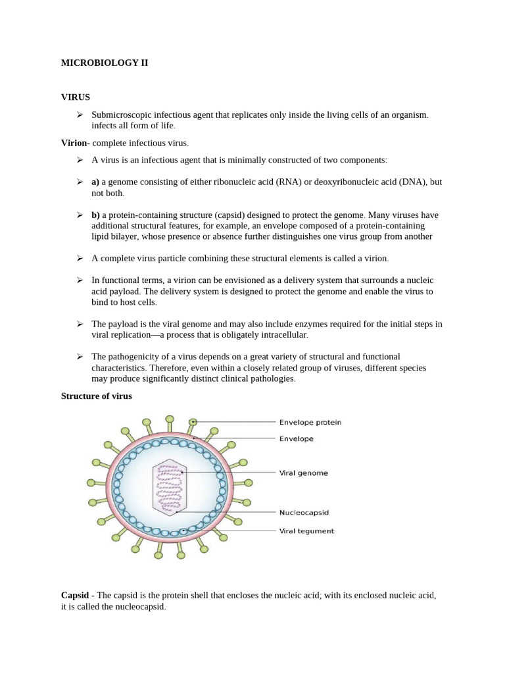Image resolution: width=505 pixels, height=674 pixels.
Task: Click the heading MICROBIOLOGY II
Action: coord(105,63)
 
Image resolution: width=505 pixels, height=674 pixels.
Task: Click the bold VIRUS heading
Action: coord(75,97)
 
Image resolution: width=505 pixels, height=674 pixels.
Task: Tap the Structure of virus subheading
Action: coord(97,396)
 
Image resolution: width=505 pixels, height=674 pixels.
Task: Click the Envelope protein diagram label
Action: coord(310,423)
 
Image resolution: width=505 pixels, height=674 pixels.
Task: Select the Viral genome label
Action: coord(304,473)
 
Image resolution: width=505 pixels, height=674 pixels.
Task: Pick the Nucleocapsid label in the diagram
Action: coord(303,511)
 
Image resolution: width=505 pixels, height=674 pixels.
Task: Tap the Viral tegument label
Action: coord(306,531)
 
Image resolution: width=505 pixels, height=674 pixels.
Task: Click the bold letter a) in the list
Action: coord(95,182)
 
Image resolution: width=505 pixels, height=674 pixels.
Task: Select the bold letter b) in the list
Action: coord(95,215)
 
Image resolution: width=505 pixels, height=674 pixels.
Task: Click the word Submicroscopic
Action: coord(123,115)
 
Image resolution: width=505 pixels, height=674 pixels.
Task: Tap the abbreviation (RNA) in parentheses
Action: coord(278,182)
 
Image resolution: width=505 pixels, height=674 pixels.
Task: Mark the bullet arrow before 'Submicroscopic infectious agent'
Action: coord(79,115)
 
